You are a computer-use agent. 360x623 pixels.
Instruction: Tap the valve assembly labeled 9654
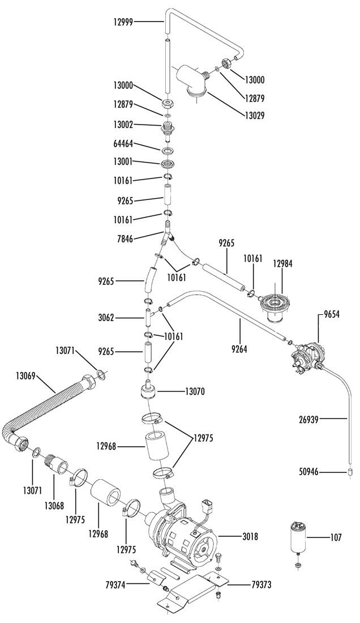[x=308, y=355]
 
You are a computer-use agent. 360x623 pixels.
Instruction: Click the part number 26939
[x=309, y=419]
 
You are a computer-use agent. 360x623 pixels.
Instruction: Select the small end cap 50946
[x=350, y=472]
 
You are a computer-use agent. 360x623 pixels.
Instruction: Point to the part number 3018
[x=250, y=537]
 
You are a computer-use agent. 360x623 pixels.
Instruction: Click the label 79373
[x=262, y=584]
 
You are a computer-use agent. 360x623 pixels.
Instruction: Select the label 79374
[x=115, y=584]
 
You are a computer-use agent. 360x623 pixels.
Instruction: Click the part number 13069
[x=26, y=374]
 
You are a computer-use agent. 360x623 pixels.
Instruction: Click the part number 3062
[x=107, y=318]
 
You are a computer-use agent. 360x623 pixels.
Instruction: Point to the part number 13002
[x=123, y=125]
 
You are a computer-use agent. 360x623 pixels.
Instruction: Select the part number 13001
[x=122, y=162]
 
